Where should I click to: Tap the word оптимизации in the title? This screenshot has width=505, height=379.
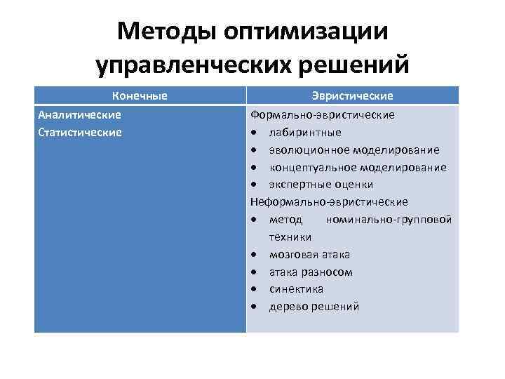(303, 31)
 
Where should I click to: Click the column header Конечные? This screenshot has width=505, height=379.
(140, 96)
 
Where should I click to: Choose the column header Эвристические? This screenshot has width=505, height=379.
(352, 96)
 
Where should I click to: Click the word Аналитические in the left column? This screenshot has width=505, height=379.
(79, 114)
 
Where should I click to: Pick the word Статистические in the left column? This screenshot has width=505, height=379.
(80, 132)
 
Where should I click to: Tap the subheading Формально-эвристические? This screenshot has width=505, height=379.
(323, 114)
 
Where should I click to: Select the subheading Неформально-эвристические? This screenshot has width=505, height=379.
(329, 202)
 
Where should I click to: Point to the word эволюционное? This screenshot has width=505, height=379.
(306, 149)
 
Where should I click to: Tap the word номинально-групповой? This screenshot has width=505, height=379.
(389, 220)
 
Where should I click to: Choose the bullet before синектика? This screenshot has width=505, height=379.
(255, 289)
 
